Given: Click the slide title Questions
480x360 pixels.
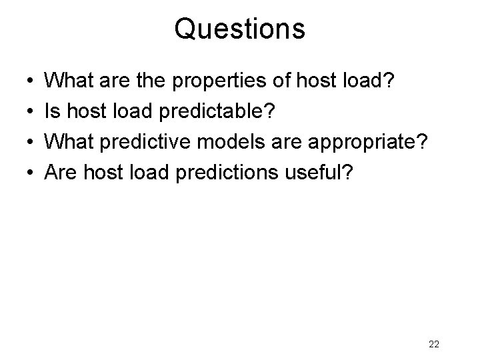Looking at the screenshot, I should point(240,29).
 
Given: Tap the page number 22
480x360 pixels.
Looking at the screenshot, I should point(433,344).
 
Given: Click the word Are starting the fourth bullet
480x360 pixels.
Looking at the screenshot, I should point(59,174).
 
